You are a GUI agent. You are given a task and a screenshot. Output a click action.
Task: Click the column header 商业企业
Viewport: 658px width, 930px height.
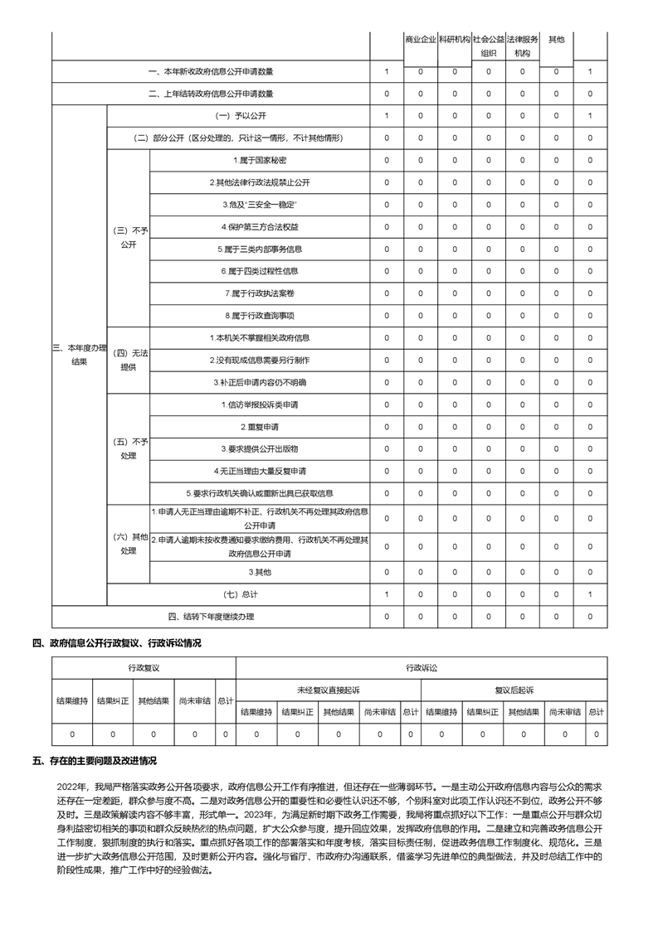(x=421, y=39)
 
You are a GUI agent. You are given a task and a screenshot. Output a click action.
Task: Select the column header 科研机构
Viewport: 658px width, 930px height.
(x=455, y=39)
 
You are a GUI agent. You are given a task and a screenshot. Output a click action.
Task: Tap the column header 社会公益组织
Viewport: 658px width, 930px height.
(x=489, y=46)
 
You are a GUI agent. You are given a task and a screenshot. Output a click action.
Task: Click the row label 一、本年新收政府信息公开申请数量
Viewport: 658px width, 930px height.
(x=211, y=72)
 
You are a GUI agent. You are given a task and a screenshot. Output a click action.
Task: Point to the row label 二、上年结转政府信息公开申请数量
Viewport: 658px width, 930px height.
(x=211, y=94)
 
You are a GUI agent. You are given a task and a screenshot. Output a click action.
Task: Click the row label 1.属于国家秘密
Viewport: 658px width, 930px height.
(x=261, y=159)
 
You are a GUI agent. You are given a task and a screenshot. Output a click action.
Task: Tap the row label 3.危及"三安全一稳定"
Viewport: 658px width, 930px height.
(x=261, y=204)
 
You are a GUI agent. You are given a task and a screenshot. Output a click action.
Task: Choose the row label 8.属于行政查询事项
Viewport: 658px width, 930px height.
(x=261, y=316)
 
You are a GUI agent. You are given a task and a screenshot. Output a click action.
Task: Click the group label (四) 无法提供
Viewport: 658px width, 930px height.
(x=129, y=360)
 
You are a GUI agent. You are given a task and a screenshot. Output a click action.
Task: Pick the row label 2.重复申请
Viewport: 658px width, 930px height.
(x=261, y=427)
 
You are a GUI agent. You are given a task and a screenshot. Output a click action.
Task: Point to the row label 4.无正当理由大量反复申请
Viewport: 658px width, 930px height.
(x=261, y=471)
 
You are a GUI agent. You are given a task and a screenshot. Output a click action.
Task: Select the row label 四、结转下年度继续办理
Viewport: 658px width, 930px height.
(x=211, y=616)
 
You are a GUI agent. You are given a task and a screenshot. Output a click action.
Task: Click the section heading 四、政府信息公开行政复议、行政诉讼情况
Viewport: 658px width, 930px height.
(x=116, y=642)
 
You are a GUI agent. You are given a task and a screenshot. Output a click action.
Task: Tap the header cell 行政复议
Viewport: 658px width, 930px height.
(x=144, y=666)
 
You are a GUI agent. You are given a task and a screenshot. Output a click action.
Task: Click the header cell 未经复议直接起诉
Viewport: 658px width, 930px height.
(x=329, y=690)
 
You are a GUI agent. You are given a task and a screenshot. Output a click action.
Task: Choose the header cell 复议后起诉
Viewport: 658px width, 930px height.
(x=514, y=690)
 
